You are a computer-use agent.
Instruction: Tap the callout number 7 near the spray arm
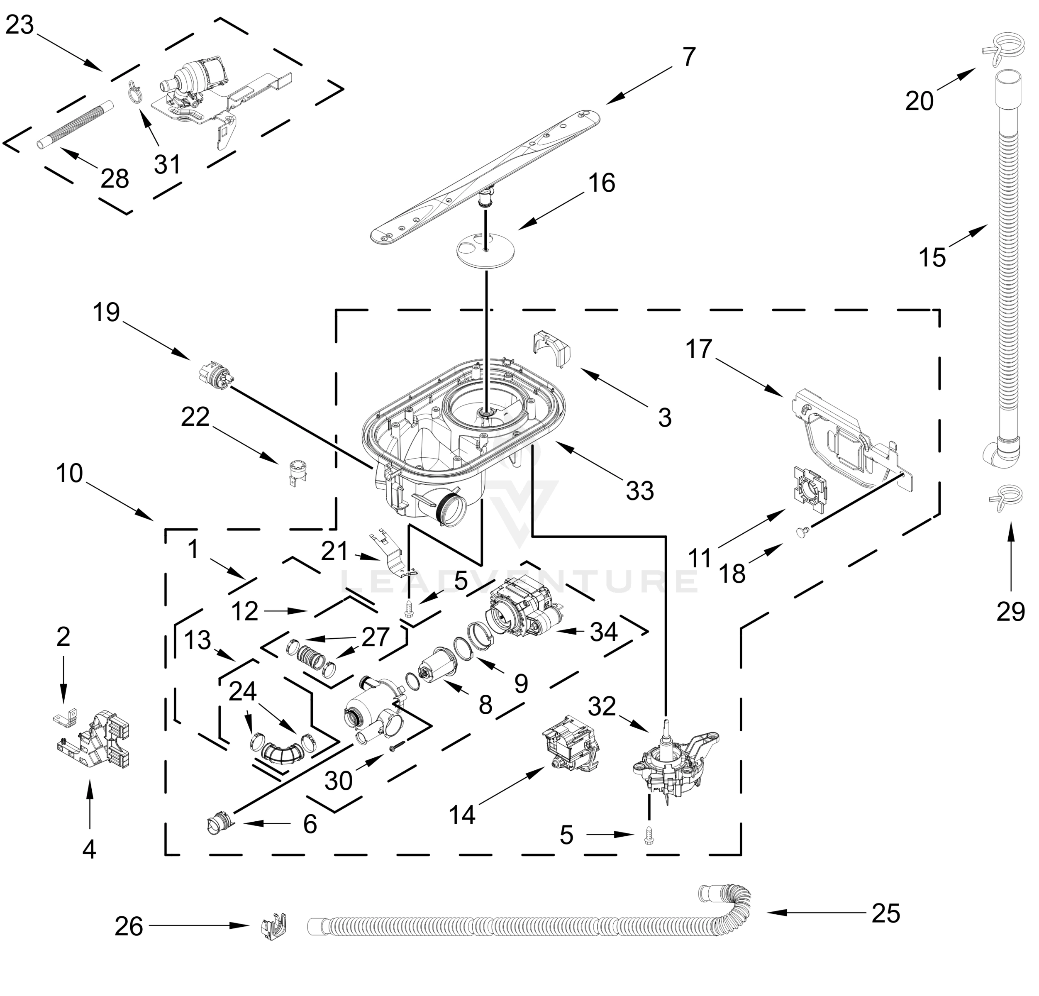coord(688,57)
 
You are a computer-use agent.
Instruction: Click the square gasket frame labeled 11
coord(810,490)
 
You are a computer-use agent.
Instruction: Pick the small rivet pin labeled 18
coord(802,532)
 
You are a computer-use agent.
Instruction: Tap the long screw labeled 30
coord(397,747)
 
